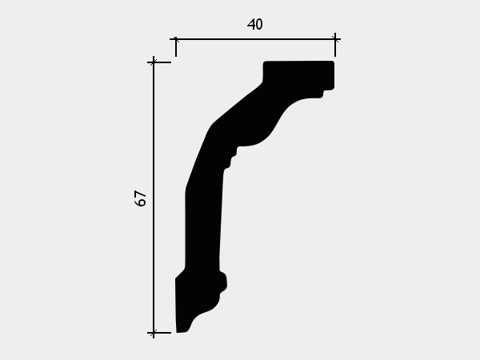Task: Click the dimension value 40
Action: [x=254, y=25]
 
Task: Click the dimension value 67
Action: [x=141, y=198]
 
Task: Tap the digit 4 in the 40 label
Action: [x=250, y=25]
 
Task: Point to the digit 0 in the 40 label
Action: [x=259, y=25]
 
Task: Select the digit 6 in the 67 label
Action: [x=141, y=202]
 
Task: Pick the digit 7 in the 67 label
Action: [x=141, y=194]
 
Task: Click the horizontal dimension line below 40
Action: [x=255, y=39]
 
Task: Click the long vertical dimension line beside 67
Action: [x=154, y=198]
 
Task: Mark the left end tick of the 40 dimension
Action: [x=176, y=46]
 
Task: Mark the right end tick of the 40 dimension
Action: [x=335, y=45]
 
